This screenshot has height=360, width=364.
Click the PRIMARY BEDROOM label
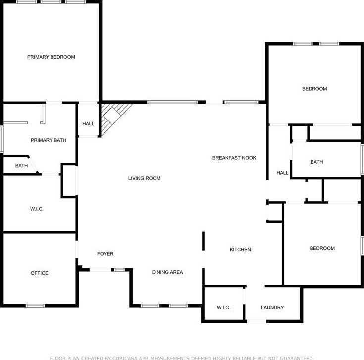pyautogui.click(x=51, y=57)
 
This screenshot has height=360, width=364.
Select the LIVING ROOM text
pyautogui.click(x=145, y=178)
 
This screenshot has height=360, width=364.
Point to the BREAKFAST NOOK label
pyautogui.click(x=234, y=158)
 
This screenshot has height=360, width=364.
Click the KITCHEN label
pyautogui.click(x=240, y=249)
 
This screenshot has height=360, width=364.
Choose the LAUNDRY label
pyautogui.click(x=272, y=308)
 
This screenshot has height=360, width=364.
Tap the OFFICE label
pyautogui.click(x=40, y=273)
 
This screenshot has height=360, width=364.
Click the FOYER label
pyautogui.click(x=105, y=254)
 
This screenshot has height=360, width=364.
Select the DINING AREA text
pyautogui.click(x=167, y=272)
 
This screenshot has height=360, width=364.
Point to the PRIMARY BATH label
pyautogui.click(x=49, y=140)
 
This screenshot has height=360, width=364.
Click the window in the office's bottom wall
pyautogui.click(x=35, y=306)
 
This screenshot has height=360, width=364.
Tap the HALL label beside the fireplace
pyautogui.click(x=88, y=123)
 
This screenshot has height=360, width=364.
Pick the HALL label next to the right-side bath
pyautogui.click(x=282, y=173)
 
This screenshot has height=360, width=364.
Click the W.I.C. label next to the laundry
pyautogui.click(x=223, y=308)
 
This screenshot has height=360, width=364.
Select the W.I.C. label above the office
pyautogui.click(x=37, y=209)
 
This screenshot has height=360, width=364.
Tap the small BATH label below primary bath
pyautogui.click(x=22, y=166)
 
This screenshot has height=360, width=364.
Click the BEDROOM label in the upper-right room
pyautogui.click(x=314, y=89)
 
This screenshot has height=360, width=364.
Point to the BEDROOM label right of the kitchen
pyautogui.click(x=322, y=248)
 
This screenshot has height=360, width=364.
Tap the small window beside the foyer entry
pyautogui.click(x=120, y=270)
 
